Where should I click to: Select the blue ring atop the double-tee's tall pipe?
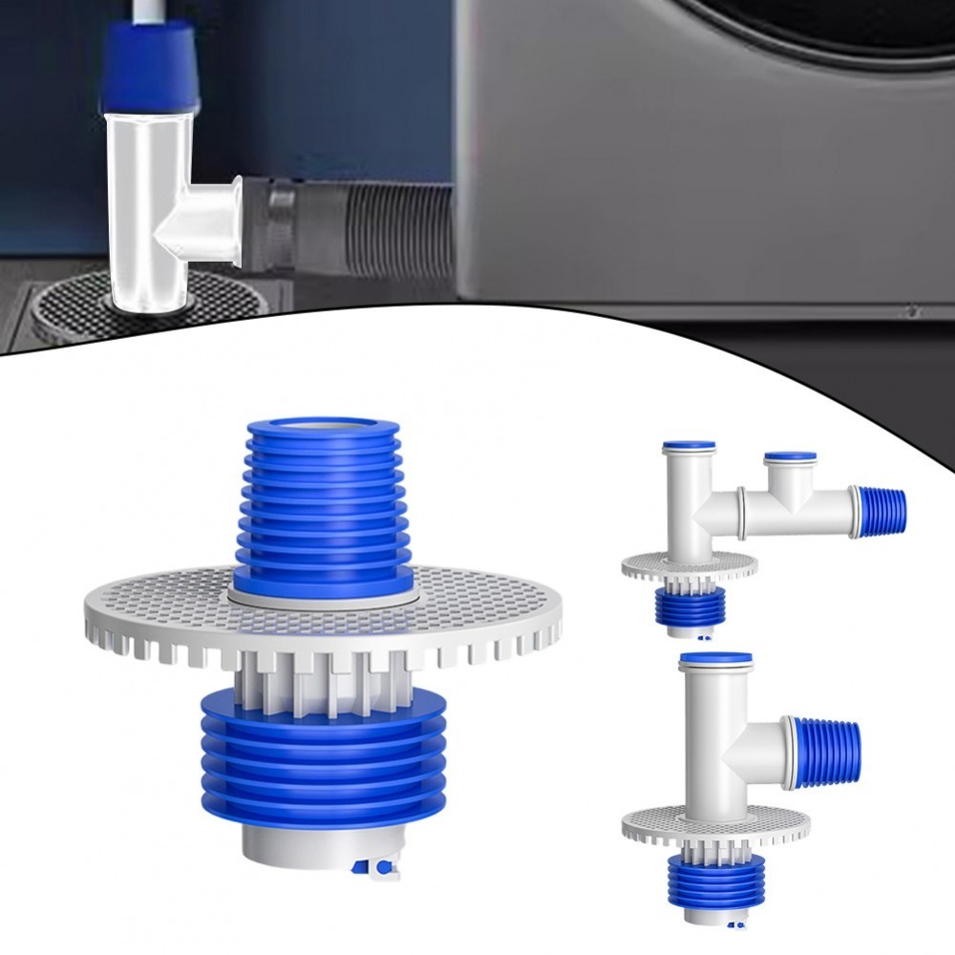tap(689, 445)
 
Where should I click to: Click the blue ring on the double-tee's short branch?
tap(790, 457)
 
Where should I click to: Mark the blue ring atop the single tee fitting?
tap(716, 658)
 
